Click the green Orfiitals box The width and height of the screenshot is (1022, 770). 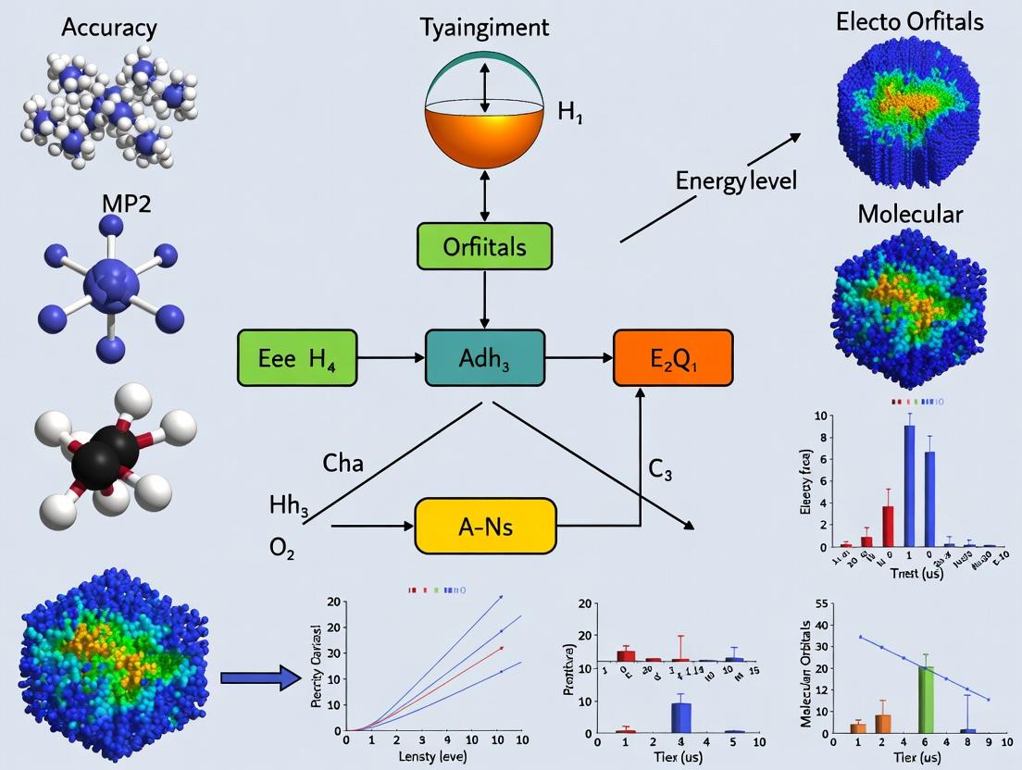[x=484, y=247]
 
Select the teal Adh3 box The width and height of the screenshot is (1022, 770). [x=483, y=357]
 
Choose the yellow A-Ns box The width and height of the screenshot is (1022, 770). [x=486, y=526]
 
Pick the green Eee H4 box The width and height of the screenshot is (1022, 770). [x=297, y=357]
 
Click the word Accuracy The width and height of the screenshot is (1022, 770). [x=109, y=27]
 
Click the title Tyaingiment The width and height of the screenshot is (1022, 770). [x=483, y=27]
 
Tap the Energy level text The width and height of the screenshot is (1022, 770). [x=737, y=180]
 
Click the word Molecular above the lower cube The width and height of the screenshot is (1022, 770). [x=910, y=214]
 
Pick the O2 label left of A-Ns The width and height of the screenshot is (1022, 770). [x=283, y=546]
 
